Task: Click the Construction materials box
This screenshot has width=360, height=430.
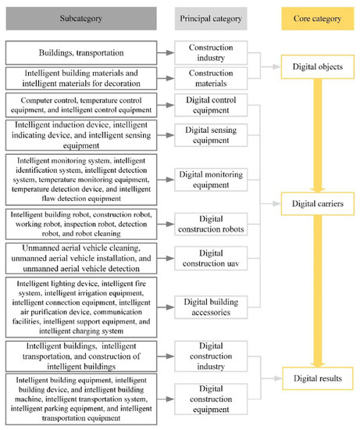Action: tap(211, 77)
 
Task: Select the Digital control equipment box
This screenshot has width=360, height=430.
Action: tap(211, 106)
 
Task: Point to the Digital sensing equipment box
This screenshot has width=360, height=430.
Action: tap(211, 134)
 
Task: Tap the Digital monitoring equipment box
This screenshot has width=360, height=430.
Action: tap(211, 179)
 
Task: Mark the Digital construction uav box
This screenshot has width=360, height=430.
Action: tap(211, 258)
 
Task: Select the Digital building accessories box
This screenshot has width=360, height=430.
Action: tap(211, 306)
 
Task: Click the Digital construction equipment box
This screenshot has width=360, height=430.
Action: tap(211, 395)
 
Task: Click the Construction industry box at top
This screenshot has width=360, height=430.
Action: tap(211, 53)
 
